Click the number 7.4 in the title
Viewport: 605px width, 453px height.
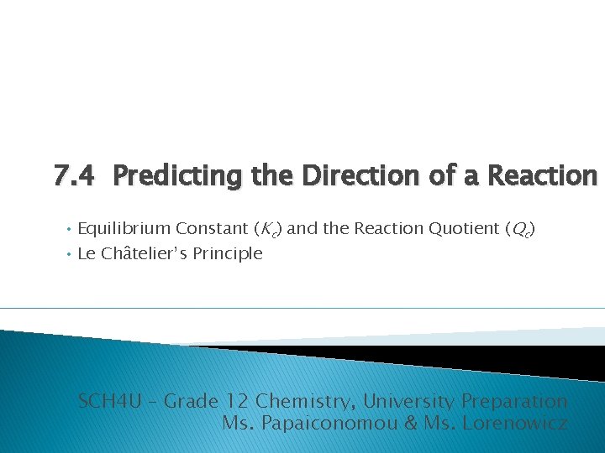74,176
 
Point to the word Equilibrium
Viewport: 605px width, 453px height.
124,229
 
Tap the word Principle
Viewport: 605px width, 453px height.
229,253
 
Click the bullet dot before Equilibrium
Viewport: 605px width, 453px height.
67,229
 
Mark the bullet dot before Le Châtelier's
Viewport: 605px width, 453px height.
67,253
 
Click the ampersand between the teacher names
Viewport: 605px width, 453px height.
411,423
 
